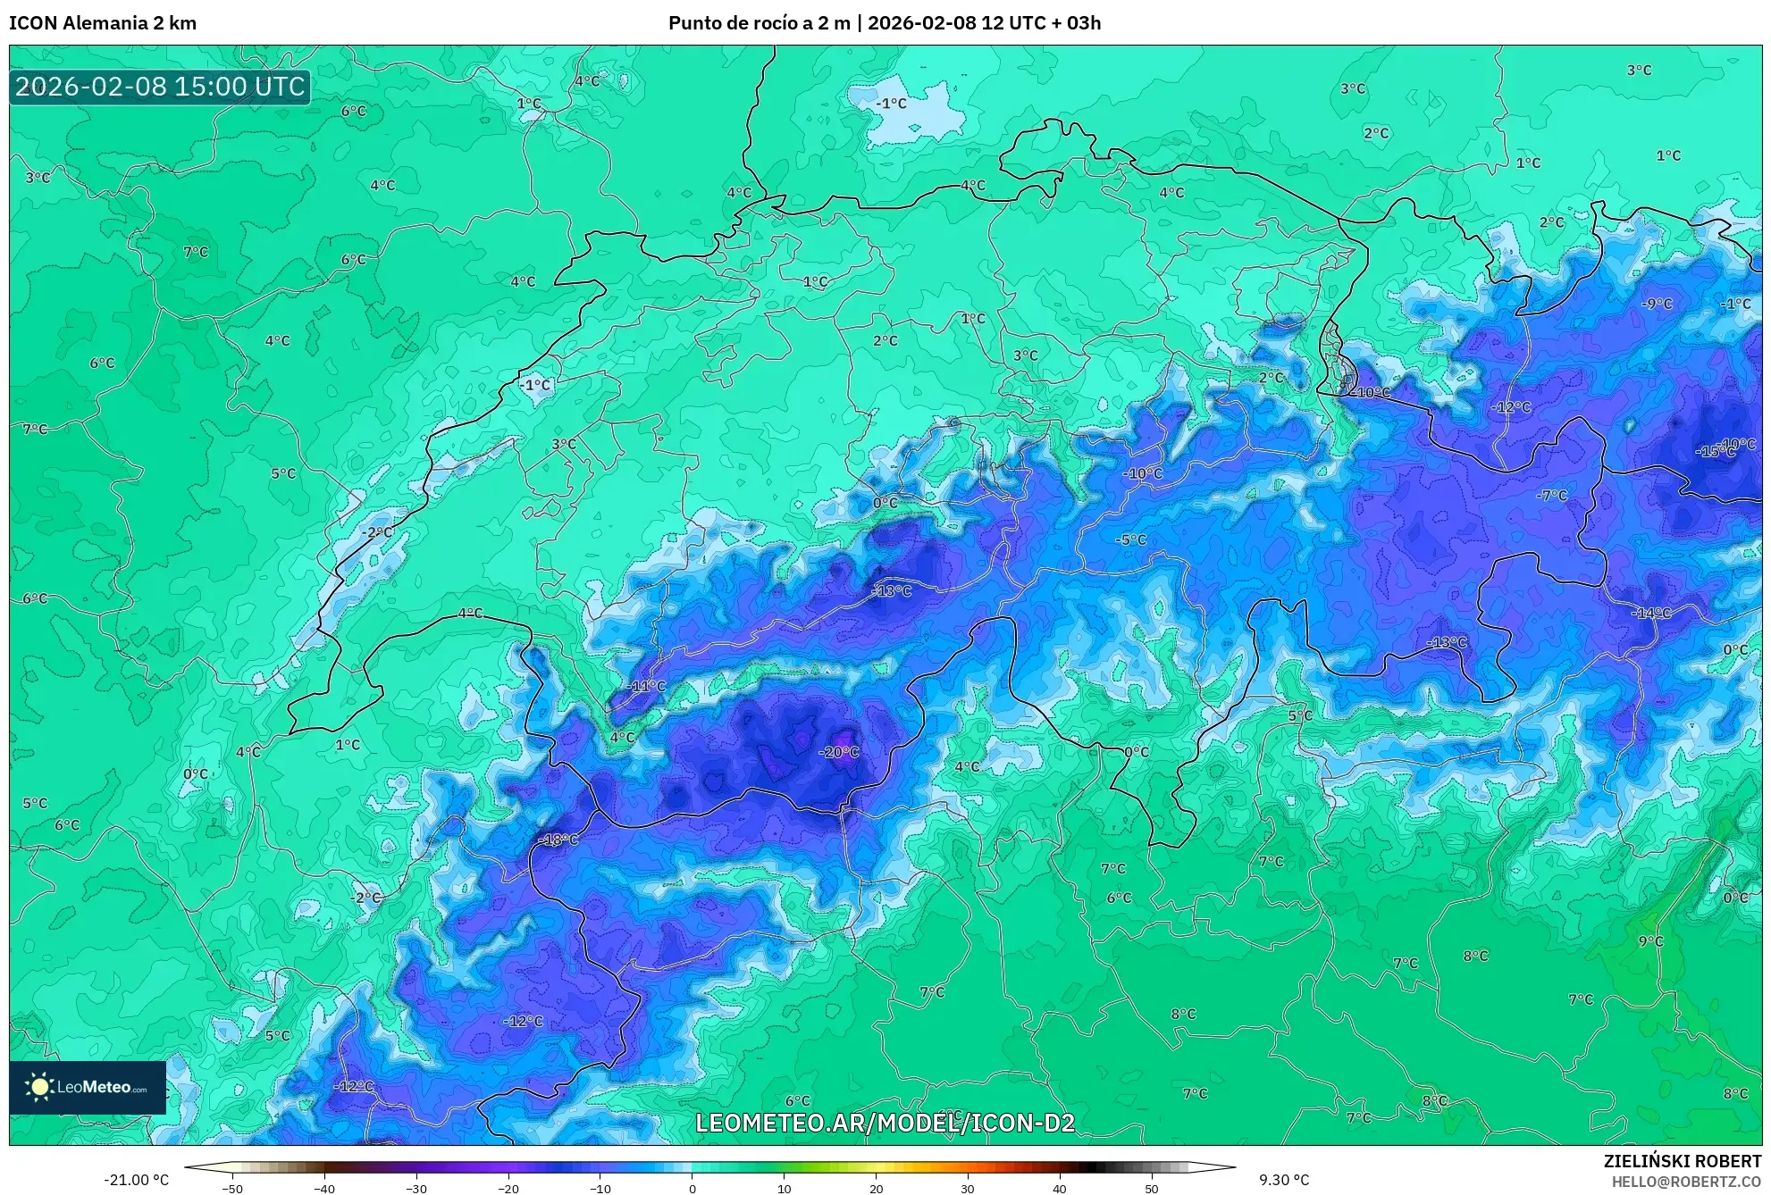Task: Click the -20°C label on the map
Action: [x=838, y=752]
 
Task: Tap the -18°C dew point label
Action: [x=558, y=840]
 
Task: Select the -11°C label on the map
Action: [x=646, y=686]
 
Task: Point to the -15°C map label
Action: [x=1715, y=452]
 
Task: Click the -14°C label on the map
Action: [x=1650, y=613]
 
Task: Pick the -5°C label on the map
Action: [x=1130, y=539]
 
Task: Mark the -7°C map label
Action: [x=1552, y=495]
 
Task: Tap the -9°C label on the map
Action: [x=1657, y=304]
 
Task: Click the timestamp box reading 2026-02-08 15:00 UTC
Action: [x=160, y=87]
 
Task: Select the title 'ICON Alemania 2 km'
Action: [x=103, y=23]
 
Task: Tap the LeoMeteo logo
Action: [x=88, y=1087]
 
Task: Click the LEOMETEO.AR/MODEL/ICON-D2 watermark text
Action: [x=885, y=1123]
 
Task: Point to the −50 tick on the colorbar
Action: [x=231, y=1188]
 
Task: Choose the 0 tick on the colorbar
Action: [x=692, y=1188]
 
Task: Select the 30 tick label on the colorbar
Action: [x=968, y=1188]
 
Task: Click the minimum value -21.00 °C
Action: [x=136, y=1180]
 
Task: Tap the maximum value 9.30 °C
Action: [x=1284, y=1180]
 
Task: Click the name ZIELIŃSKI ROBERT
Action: [x=1682, y=1161]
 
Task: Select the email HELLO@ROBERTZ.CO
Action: [x=1686, y=1182]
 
